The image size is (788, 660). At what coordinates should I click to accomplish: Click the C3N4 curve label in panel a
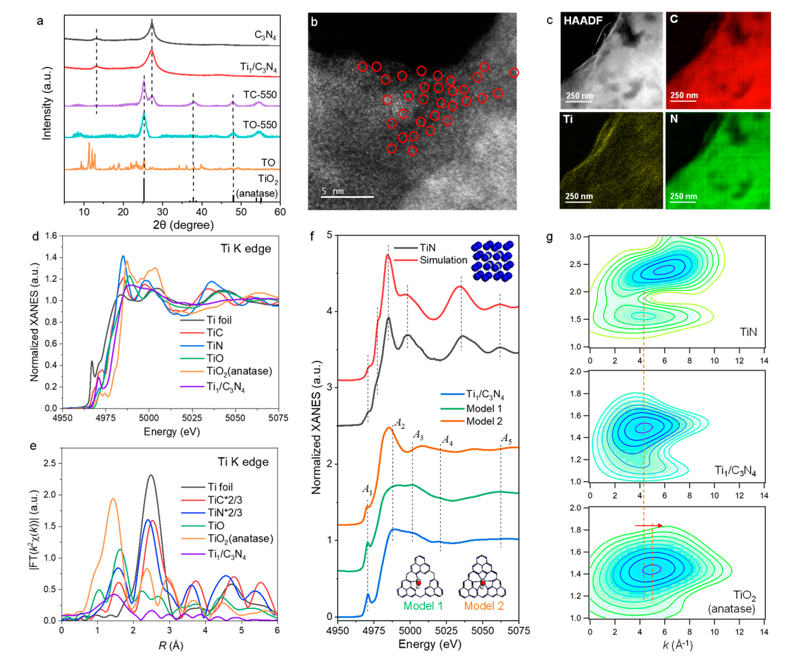point(265,36)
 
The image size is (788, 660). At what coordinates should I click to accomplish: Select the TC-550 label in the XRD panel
point(259,95)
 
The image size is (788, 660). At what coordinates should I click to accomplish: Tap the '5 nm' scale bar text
point(333,191)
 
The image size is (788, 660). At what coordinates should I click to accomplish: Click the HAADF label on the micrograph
point(583,21)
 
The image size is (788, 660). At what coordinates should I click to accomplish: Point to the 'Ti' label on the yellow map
point(568,120)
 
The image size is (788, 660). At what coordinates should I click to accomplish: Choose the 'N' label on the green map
point(674,119)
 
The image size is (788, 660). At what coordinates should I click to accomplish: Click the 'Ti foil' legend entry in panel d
point(219,320)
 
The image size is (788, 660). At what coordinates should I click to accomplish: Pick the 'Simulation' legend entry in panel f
point(443,260)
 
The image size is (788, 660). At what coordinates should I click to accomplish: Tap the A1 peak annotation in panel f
point(367,489)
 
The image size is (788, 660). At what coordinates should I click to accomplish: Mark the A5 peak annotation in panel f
point(506,439)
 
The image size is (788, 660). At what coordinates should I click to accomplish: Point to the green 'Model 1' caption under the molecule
point(422,606)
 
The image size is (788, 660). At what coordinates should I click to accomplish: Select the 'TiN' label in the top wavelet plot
point(748,332)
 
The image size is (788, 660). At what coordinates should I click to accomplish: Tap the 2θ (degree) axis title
point(183,225)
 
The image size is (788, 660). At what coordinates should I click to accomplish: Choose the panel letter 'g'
point(550,237)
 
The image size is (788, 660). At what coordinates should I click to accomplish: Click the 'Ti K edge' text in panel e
point(243,462)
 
